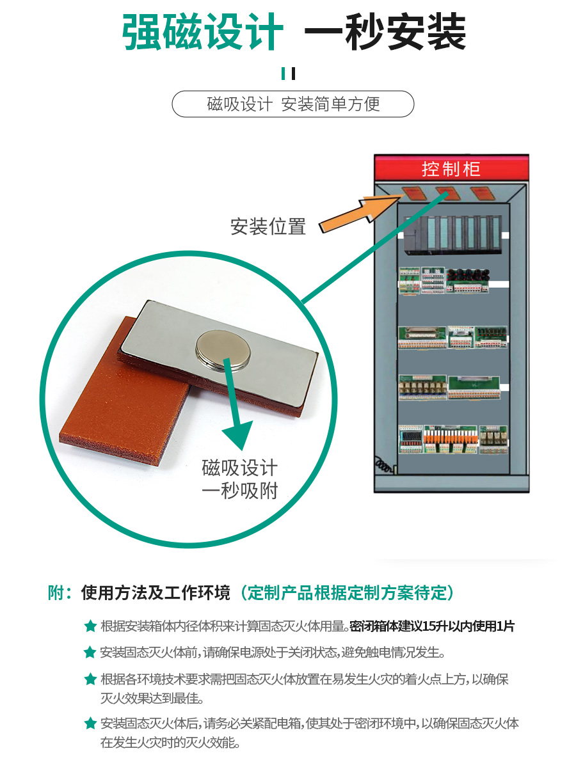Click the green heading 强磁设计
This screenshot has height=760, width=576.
[x=202, y=32]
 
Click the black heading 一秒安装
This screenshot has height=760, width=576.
[x=385, y=32]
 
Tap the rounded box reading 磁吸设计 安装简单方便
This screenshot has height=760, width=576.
[x=293, y=104]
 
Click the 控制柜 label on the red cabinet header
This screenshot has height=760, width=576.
[x=451, y=169]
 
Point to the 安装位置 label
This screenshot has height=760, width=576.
[x=268, y=227]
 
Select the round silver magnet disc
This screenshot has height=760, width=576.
[x=223, y=350]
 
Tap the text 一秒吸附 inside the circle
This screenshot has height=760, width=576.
[x=239, y=491]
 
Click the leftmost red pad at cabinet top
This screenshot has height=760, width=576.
[x=413, y=193]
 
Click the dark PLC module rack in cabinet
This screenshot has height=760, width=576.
[x=452, y=235]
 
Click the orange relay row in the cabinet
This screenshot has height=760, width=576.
[x=451, y=439]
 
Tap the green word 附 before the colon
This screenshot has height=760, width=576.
[x=56, y=592]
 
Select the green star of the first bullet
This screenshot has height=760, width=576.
[x=90, y=626]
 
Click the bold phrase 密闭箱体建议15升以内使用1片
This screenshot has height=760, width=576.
[x=432, y=626]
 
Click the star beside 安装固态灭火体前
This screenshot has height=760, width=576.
[x=90, y=653]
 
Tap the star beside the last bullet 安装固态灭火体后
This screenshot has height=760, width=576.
[x=90, y=724]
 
